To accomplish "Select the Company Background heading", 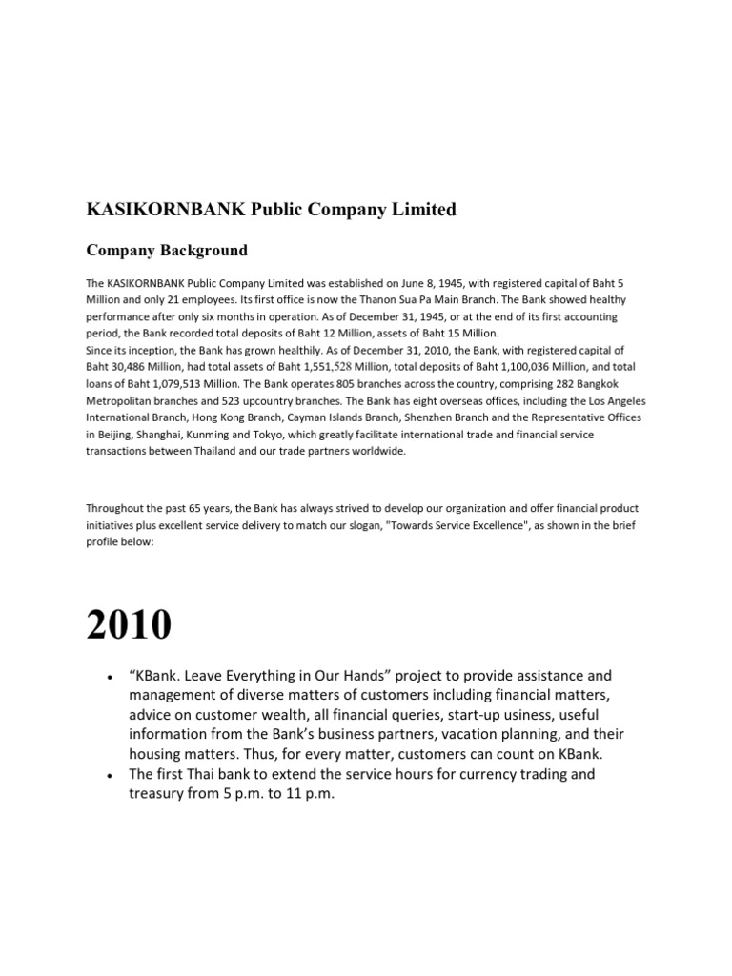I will (167, 251).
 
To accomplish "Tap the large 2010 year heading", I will (129, 624).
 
